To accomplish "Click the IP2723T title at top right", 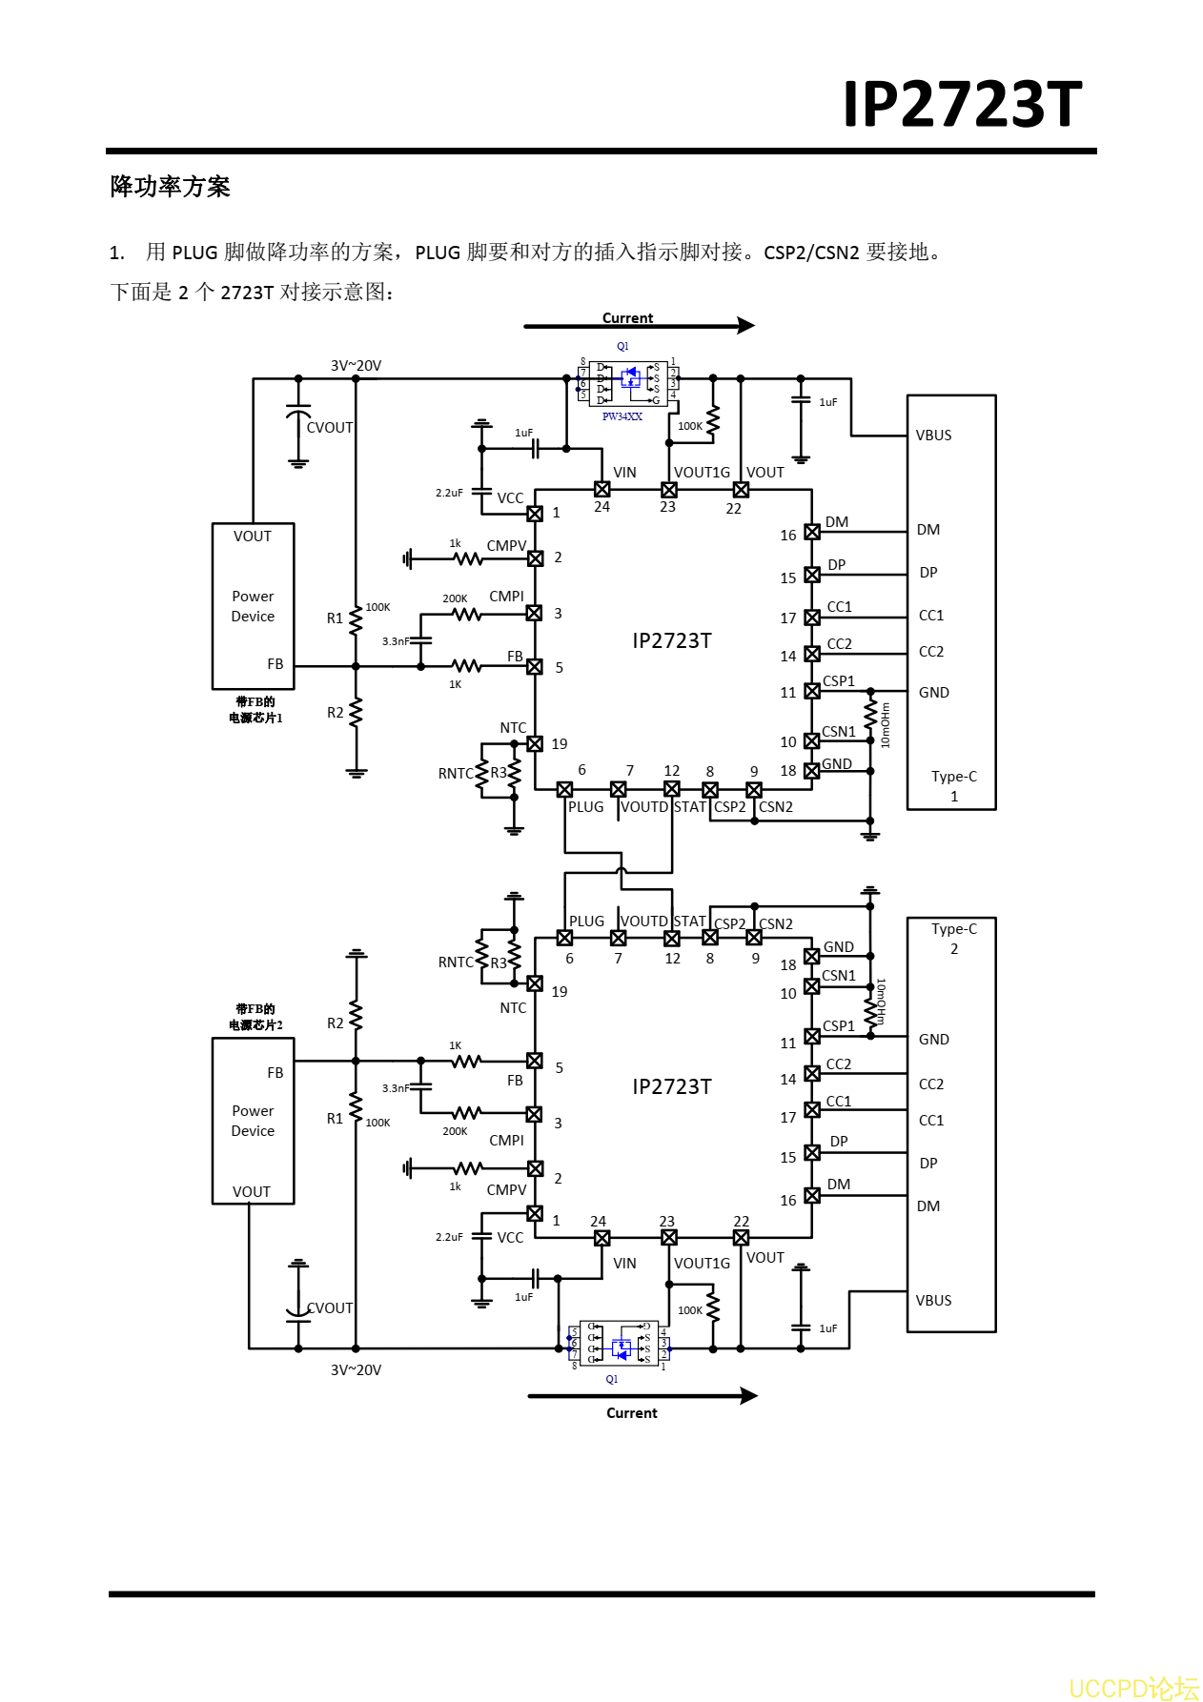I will click(x=962, y=104).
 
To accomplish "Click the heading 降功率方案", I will click(x=171, y=187).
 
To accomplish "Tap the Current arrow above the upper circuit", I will click(x=639, y=326).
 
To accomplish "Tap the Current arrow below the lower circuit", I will click(x=642, y=1396).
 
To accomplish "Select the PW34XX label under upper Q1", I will click(x=622, y=416).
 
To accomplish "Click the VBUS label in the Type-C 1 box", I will click(x=933, y=436).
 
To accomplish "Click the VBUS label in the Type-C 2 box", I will click(x=933, y=1301).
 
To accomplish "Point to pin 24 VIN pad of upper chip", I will click(x=601, y=489).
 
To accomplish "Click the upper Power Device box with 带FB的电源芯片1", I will click(x=253, y=606).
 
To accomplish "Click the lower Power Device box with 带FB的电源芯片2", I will click(x=253, y=1121).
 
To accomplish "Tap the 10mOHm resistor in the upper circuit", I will click(x=870, y=715).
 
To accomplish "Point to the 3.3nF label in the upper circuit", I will click(x=395, y=641).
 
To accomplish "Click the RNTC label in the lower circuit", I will click(x=455, y=962).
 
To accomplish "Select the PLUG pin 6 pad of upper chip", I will click(x=564, y=789).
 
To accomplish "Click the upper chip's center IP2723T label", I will click(x=672, y=640).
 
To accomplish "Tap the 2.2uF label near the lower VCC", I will click(x=449, y=1237).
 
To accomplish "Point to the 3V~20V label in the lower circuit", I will click(x=356, y=1370).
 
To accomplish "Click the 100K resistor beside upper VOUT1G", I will click(x=713, y=419).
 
